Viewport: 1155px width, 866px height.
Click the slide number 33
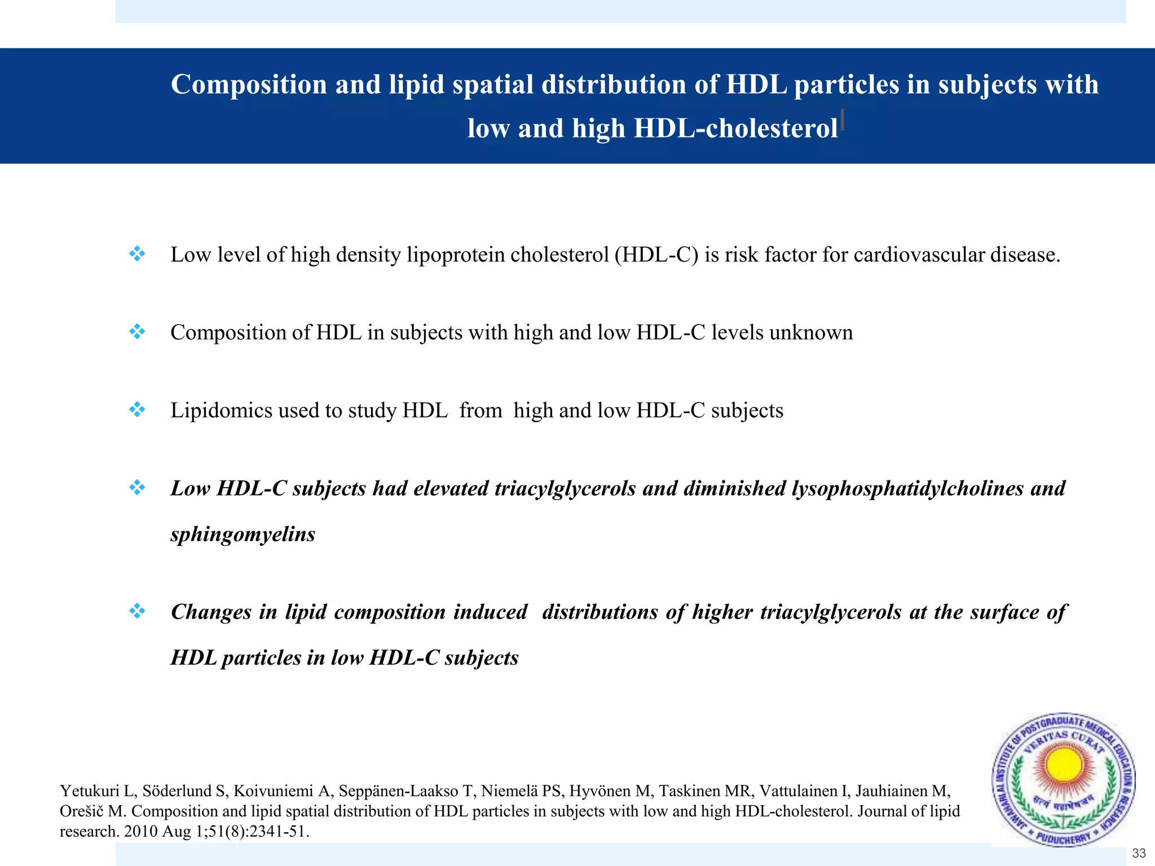pos(1139,853)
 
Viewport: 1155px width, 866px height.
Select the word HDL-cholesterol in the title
pos(735,129)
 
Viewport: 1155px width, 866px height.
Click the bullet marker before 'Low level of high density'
pos(137,254)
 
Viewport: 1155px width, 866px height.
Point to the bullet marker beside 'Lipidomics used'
pos(137,409)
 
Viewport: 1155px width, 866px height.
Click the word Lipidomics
pos(222,410)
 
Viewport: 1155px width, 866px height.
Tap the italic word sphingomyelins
pos(243,534)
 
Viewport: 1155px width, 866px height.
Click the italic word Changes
pos(211,612)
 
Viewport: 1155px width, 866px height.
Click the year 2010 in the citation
pos(140,832)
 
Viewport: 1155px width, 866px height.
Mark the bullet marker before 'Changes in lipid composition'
pos(137,611)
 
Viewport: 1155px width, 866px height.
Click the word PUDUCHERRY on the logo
pos(1064,839)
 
